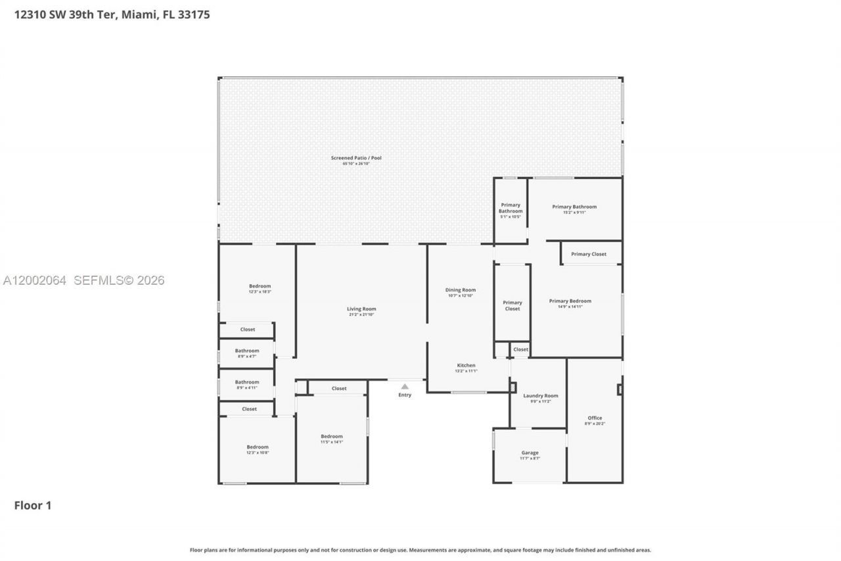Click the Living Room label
click(361, 309)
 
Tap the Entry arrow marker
click(405, 387)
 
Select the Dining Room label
click(460, 290)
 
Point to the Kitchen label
click(466, 366)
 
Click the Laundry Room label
click(540, 396)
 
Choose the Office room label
click(595, 418)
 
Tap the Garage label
click(530, 452)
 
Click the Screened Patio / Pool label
click(356, 158)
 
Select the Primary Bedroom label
click(570, 301)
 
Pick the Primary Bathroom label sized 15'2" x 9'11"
click(574, 207)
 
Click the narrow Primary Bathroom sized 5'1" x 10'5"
click(510, 208)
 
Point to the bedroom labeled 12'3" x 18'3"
click(260, 287)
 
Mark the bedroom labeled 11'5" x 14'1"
click(331, 437)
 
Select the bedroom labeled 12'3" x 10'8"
click(258, 447)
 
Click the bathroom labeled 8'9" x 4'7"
click(247, 351)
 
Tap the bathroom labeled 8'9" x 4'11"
click(247, 382)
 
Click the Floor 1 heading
click(33, 505)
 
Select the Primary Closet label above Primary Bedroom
click(588, 254)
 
